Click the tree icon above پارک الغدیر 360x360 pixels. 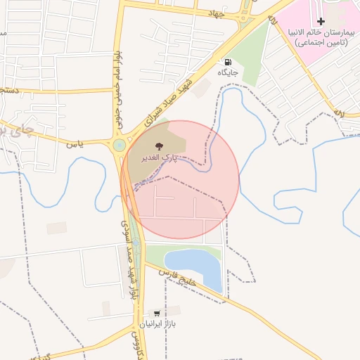(x=160, y=146)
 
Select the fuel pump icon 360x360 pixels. (x=227, y=62)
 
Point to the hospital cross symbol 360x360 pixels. (x=321, y=22)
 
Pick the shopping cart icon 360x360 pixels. (x=156, y=313)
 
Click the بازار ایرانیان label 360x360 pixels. (x=155, y=324)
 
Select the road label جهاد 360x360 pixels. (x=216, y=13)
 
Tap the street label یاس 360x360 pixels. (x=75, y=143)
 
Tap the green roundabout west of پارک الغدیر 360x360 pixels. (x=119, y=146)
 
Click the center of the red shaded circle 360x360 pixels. (x=180, y=179)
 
